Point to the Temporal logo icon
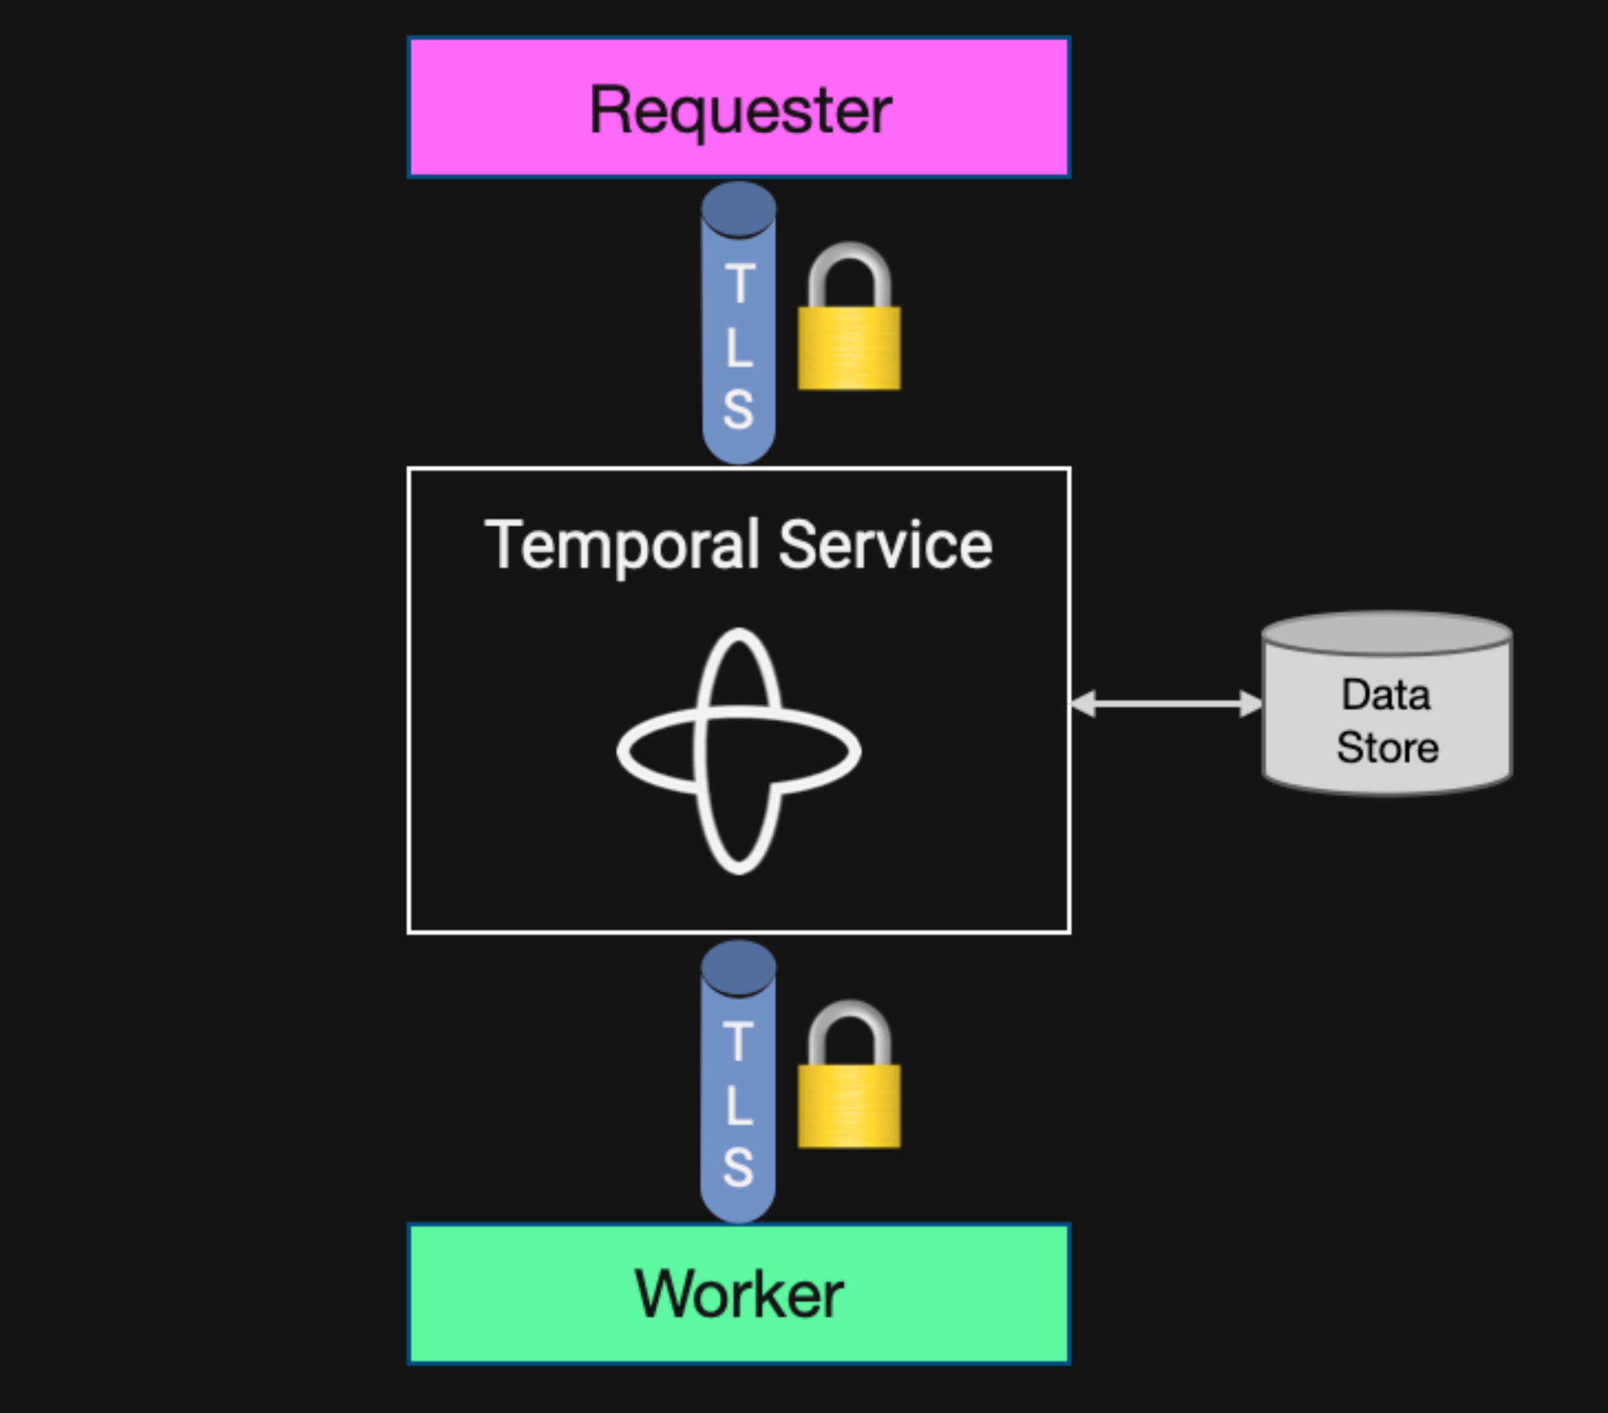[x=739, y=751]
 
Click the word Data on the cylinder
[x=1386, y=695]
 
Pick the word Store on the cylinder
[x=1387, y=747]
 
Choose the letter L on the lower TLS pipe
[x=738, y=1105]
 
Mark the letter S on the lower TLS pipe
[x=738, y=1167]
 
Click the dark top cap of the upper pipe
[x=739, y=209]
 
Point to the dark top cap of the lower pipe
[x=739, y=967]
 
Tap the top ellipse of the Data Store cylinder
[x=1386, y=634]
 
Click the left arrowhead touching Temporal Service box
[x=1082, y=704]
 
